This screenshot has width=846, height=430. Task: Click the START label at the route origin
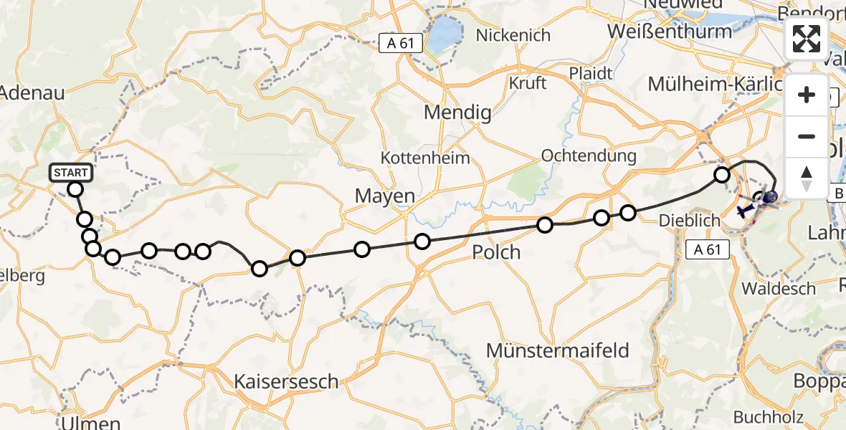[x=71, y=173]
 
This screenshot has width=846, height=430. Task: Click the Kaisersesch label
[x=286, y=381]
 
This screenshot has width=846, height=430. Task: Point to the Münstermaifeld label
[x=557, y=350]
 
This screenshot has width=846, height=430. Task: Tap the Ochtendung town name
[x=589, y=156]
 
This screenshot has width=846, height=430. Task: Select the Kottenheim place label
[x=426, y=158]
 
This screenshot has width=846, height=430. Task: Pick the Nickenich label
[x=513, y=35]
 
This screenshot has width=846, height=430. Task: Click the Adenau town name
[x=32, y=92]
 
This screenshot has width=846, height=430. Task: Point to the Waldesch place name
[x=779, y=289]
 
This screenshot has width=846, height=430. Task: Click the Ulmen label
[x=90, y=420]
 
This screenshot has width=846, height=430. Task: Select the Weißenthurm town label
[x=679, y=32]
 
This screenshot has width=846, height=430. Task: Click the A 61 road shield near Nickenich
[x=400, y=44]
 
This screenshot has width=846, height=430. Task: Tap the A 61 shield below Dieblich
[x=707, y=249]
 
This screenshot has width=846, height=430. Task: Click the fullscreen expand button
[x=807, y=39]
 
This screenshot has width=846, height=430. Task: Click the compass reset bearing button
[x=807, y=178]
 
